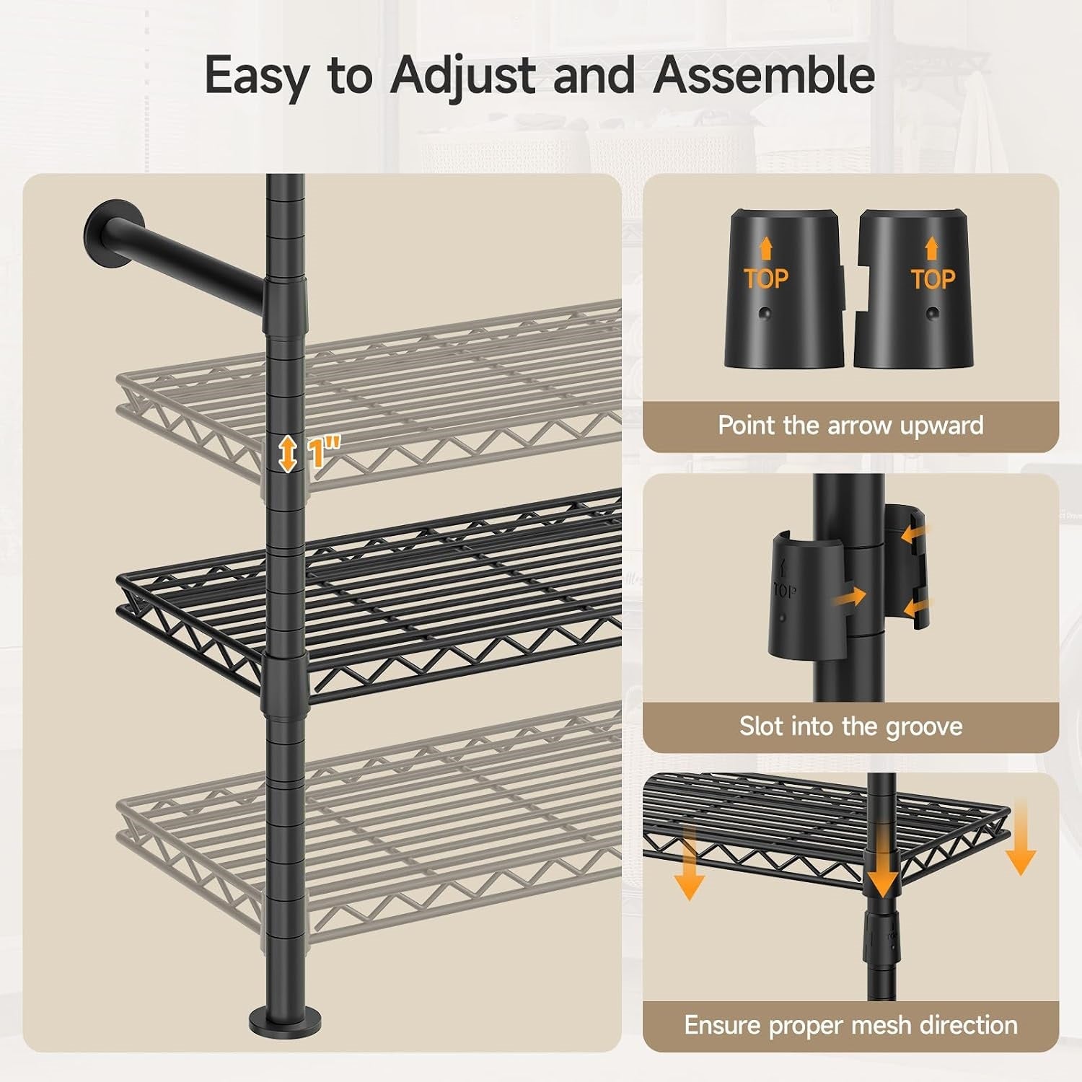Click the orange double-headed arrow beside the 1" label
(289, 454)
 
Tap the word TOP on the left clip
(766, 278)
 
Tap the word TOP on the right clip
(933, 278)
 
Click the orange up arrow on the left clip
(766, 250)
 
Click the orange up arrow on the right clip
(932, 250)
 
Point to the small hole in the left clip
(766, 315)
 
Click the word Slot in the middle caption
(761, 726)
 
